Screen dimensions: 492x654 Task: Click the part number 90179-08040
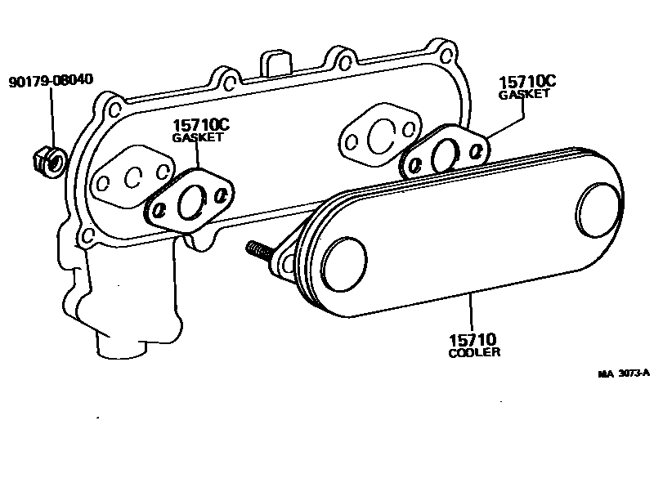(x=51, y=80)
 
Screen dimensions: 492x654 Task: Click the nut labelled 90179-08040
(x=48, y=159)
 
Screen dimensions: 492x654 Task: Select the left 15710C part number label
(x=200, y=124)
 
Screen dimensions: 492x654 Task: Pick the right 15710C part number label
(x=527, y=82)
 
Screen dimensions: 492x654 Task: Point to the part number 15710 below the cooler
(x=473, y=339)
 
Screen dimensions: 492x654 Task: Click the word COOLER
(x=474, y=353)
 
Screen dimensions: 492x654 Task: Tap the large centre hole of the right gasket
(x=447, y=152)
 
